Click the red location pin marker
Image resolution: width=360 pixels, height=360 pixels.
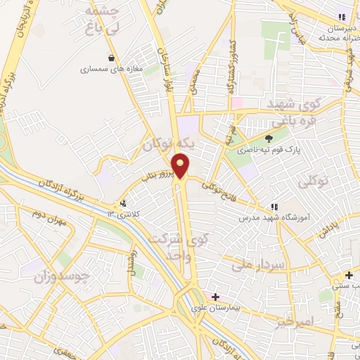coord(181,167)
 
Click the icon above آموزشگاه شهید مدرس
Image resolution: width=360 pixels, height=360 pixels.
coord(274,207)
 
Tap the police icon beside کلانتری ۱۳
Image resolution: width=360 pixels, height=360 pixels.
coord(124,204)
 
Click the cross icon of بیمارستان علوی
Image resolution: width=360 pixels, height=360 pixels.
coord(215,297)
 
